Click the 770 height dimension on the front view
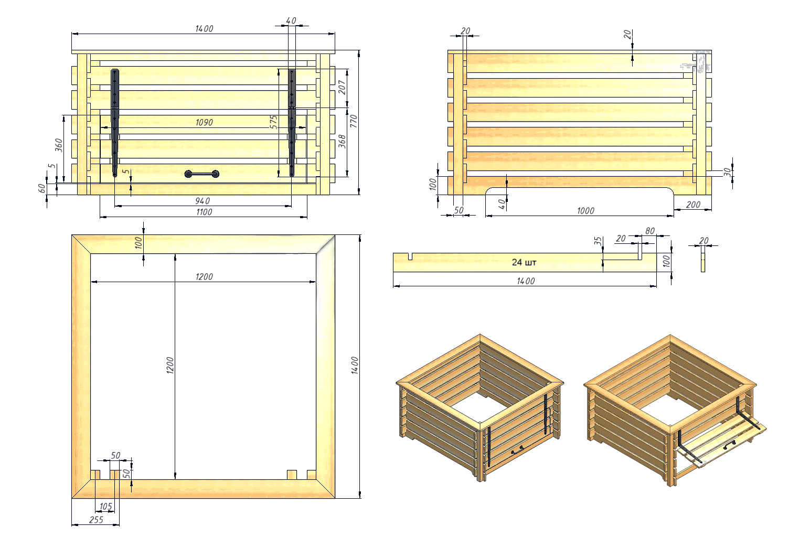354,121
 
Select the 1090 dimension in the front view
204,123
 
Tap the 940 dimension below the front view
202,201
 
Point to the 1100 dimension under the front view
204,212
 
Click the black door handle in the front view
202,174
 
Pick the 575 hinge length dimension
274,122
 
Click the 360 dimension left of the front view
59,145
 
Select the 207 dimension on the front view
342,87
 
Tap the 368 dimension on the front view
342,142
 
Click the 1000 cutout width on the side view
585,211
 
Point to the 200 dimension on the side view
693,205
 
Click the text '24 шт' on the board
524,262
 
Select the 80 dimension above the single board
650,231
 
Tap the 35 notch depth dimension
598,241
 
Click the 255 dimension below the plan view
96,520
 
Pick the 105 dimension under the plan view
105,507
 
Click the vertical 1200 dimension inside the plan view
170,366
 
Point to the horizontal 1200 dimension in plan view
204,277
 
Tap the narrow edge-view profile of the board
703,259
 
